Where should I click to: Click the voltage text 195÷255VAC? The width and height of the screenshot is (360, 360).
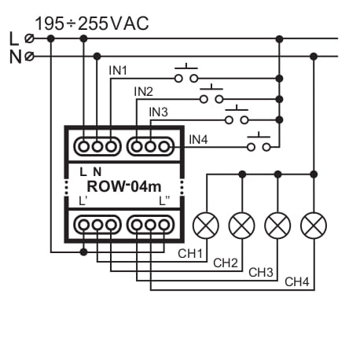point(91,23)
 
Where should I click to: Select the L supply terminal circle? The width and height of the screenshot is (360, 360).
point(30,38)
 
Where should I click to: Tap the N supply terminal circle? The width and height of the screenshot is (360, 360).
point(30,56)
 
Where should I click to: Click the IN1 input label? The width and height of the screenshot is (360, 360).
point(118,71)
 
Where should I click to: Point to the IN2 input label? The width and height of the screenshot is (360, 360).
point(143,91)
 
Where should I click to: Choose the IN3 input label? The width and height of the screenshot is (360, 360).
point(159,112)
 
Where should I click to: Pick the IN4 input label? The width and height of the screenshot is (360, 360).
point(199,140)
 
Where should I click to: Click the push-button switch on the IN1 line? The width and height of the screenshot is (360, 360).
point(186,76)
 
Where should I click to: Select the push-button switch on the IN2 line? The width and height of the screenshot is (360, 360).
point(211,97)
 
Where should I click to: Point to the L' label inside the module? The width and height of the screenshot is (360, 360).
point(84,201)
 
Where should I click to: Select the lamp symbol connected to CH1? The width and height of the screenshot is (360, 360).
point(206,226)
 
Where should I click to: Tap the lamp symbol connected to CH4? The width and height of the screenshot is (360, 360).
point(313,226)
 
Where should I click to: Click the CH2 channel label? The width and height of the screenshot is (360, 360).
point(226,263)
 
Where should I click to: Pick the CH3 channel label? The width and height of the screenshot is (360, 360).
point(262,272)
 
